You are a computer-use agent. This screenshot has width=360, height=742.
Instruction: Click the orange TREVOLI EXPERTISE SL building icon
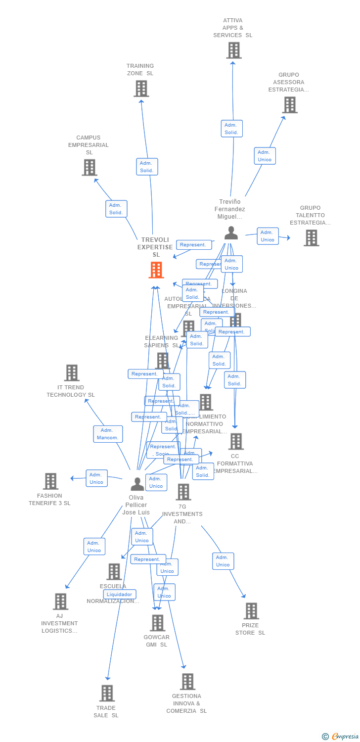point(156,270)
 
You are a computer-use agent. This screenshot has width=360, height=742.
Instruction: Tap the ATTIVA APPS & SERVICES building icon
point(234,50)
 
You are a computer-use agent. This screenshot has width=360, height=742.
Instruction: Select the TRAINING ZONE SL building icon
point(141,89)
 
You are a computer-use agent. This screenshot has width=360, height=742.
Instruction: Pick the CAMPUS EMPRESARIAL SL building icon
point(89,168)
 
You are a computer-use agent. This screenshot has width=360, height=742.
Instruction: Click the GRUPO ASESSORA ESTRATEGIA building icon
point(290,105)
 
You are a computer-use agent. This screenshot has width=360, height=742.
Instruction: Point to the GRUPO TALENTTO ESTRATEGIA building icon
point(311,238)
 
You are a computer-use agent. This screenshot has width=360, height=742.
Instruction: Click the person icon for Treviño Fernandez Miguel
point(231,233)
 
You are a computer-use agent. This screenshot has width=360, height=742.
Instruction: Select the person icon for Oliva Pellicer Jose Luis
point(137,484)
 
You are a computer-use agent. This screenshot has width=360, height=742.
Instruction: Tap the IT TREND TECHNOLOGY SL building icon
point(72,373)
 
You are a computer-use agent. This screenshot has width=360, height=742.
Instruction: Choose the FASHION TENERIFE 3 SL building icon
point(50,481)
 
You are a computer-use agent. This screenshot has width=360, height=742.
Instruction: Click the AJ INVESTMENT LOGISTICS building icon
point(60,602)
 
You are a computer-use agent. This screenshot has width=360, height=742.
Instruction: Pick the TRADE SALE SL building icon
point(107,694)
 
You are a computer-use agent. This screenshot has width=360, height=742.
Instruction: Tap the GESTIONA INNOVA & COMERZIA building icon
point(187,682)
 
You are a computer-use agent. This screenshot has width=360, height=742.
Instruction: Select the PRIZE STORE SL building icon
point(251,611)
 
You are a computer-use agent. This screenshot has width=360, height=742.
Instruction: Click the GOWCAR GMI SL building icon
point(158,623)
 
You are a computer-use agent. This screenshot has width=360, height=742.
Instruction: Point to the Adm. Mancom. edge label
point(108,434)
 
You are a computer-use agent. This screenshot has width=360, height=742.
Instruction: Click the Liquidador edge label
point(120,594)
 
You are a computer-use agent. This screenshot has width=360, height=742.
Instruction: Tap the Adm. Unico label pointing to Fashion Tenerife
point(96,478)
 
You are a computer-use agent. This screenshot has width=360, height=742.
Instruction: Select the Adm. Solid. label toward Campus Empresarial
point(116,209)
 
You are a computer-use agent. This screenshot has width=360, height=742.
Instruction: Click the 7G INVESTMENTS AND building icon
point(183,492)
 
